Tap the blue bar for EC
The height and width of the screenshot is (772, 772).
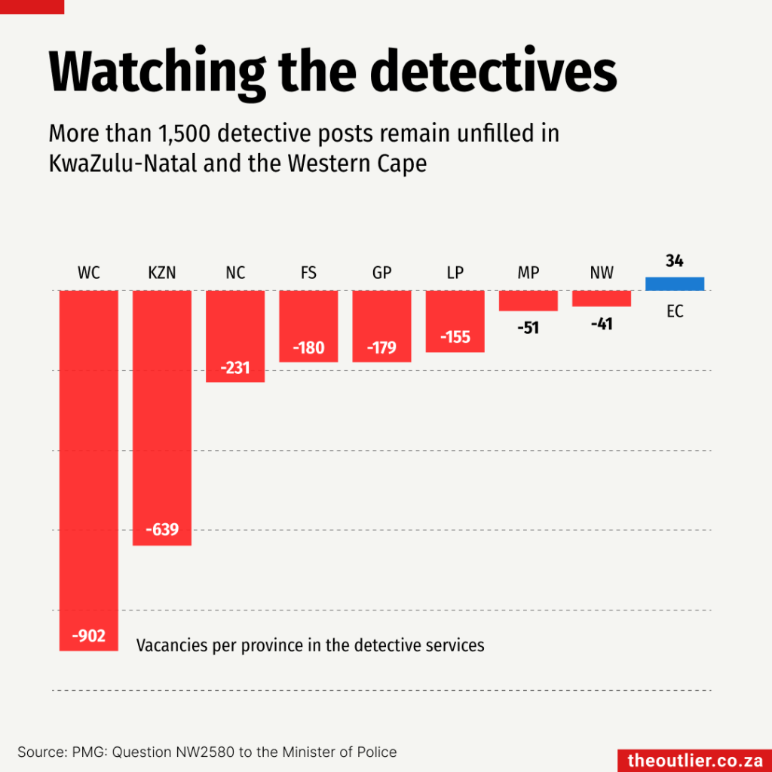tap(675, 283)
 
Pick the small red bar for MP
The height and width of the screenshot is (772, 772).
tap(528, 300)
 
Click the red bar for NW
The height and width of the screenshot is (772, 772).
tap(601, 299)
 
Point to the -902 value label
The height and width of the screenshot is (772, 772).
tap(88, 636)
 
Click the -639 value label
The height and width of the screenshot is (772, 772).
tap(161, 530)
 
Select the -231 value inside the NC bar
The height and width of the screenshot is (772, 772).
tap(234, 369)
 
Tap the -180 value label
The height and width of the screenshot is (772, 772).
tap(308, 348)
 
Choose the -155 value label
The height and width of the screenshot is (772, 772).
tap(454, 337)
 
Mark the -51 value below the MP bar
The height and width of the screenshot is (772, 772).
tap(528, 328)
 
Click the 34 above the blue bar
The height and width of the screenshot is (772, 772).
tap(674, 261)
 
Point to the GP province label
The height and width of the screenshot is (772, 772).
tap(381, 273)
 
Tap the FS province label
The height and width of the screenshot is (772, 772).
tap(308, 273)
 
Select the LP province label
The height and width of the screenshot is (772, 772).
tap(455, 273)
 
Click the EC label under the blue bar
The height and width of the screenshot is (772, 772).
tap(675, 311)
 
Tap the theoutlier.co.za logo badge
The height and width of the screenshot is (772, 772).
tap(694, 760)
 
